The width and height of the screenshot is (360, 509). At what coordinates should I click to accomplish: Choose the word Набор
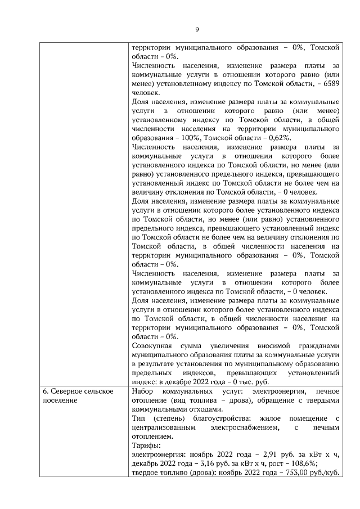(142, 391)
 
